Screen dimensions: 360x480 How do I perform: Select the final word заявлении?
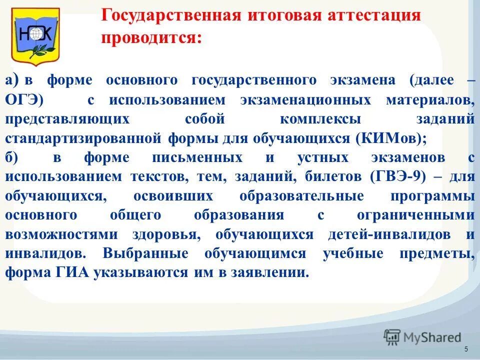[x=272, y=273]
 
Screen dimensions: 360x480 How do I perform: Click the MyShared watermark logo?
[x=422, y=337]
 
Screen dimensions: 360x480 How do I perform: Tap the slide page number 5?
[x=466, y=349]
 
